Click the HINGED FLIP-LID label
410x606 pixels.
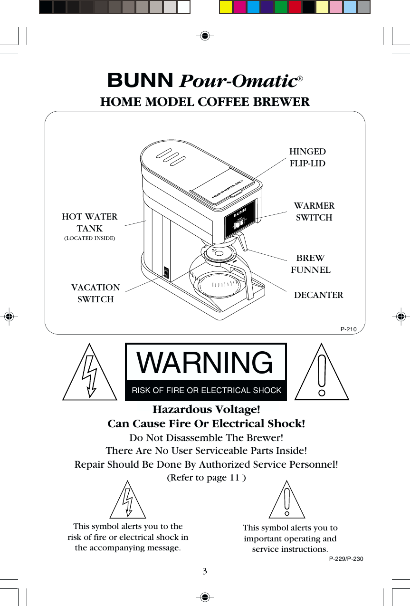(307, 158)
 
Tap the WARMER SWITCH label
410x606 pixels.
(314, 212)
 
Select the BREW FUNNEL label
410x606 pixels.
(311, 264)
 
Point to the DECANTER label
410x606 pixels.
(318, 295)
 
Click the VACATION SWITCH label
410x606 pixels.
(95, 293)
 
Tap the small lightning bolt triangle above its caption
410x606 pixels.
(127, 501)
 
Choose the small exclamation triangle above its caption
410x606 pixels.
(286, 501)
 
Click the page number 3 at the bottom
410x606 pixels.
(205, 571)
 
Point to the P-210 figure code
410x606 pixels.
(349, 329)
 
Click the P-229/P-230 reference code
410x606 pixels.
(346, 559)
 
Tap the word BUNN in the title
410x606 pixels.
(140, 81)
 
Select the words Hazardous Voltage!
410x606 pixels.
(206, 409)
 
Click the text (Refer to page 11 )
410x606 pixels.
(206, 478)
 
